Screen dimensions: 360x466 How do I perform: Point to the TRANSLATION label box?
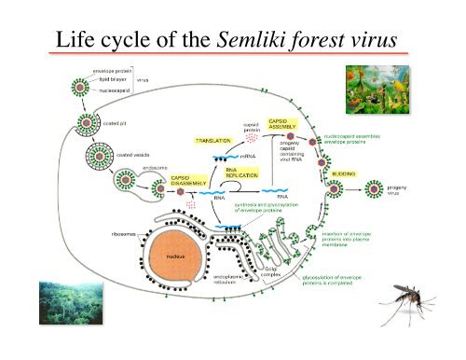[x=212, y=141]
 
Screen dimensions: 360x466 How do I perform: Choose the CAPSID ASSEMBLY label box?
[x=282, y=124]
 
